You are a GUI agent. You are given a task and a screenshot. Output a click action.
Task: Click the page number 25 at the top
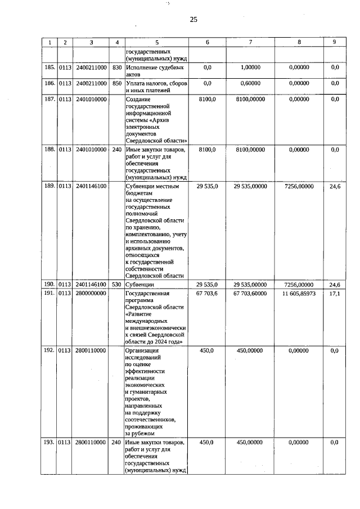[x=193, y=20]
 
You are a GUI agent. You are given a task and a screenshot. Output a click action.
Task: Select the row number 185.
[x=49, y=67]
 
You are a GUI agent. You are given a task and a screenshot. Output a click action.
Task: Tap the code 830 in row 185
[x=117, y=67]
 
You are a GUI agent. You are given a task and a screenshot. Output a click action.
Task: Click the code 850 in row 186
[x=117, y=83]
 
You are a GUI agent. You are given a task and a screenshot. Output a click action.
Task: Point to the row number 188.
[x=49, y=150]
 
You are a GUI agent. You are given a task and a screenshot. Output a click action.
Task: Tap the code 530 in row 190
[x=117, y=285]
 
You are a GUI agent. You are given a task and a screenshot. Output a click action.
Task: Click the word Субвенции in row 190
[x=141, y=285]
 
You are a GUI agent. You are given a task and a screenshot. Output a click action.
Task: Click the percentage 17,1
[x=335, y=294]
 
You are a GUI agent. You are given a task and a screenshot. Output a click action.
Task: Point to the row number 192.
[x=49, y=349]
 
